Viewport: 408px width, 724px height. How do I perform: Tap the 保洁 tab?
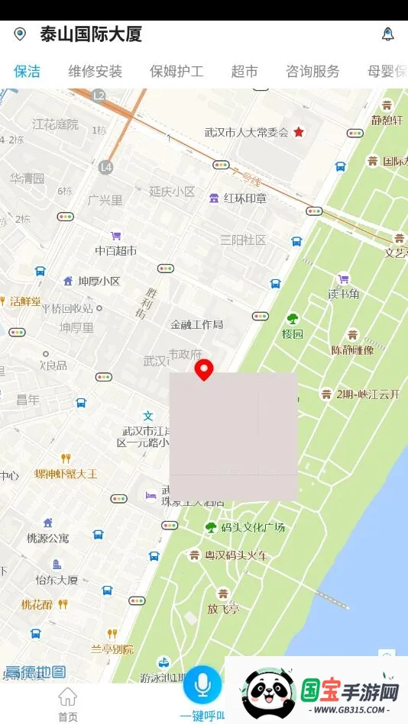[27, 72]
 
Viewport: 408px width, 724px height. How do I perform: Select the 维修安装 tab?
[95, 72]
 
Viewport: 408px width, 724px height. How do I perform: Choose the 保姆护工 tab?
[176, 72]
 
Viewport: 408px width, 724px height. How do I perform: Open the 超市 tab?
[244, 72]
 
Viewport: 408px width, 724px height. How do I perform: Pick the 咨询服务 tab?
[312, 72]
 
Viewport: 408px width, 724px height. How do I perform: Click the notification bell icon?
[388, 34]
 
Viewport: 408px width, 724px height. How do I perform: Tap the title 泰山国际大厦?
[91, 34]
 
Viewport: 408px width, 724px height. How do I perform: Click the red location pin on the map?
[203, 369]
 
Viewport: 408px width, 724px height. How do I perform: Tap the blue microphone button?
[202, 684]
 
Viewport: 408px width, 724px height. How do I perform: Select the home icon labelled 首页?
[68, 702]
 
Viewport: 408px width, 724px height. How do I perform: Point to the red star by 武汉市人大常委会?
[299, 132]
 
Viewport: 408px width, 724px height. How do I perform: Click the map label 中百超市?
[116, 250]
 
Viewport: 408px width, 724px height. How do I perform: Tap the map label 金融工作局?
[197, 324]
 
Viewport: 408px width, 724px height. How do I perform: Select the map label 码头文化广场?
[252, 527]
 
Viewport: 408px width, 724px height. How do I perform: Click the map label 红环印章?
[244, 198]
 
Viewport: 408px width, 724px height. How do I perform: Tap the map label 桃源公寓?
[48, 538]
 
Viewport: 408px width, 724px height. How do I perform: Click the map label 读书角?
[344, 294]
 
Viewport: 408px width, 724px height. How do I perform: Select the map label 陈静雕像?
[352, 350]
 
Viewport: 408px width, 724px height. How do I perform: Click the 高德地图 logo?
[35, 672]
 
